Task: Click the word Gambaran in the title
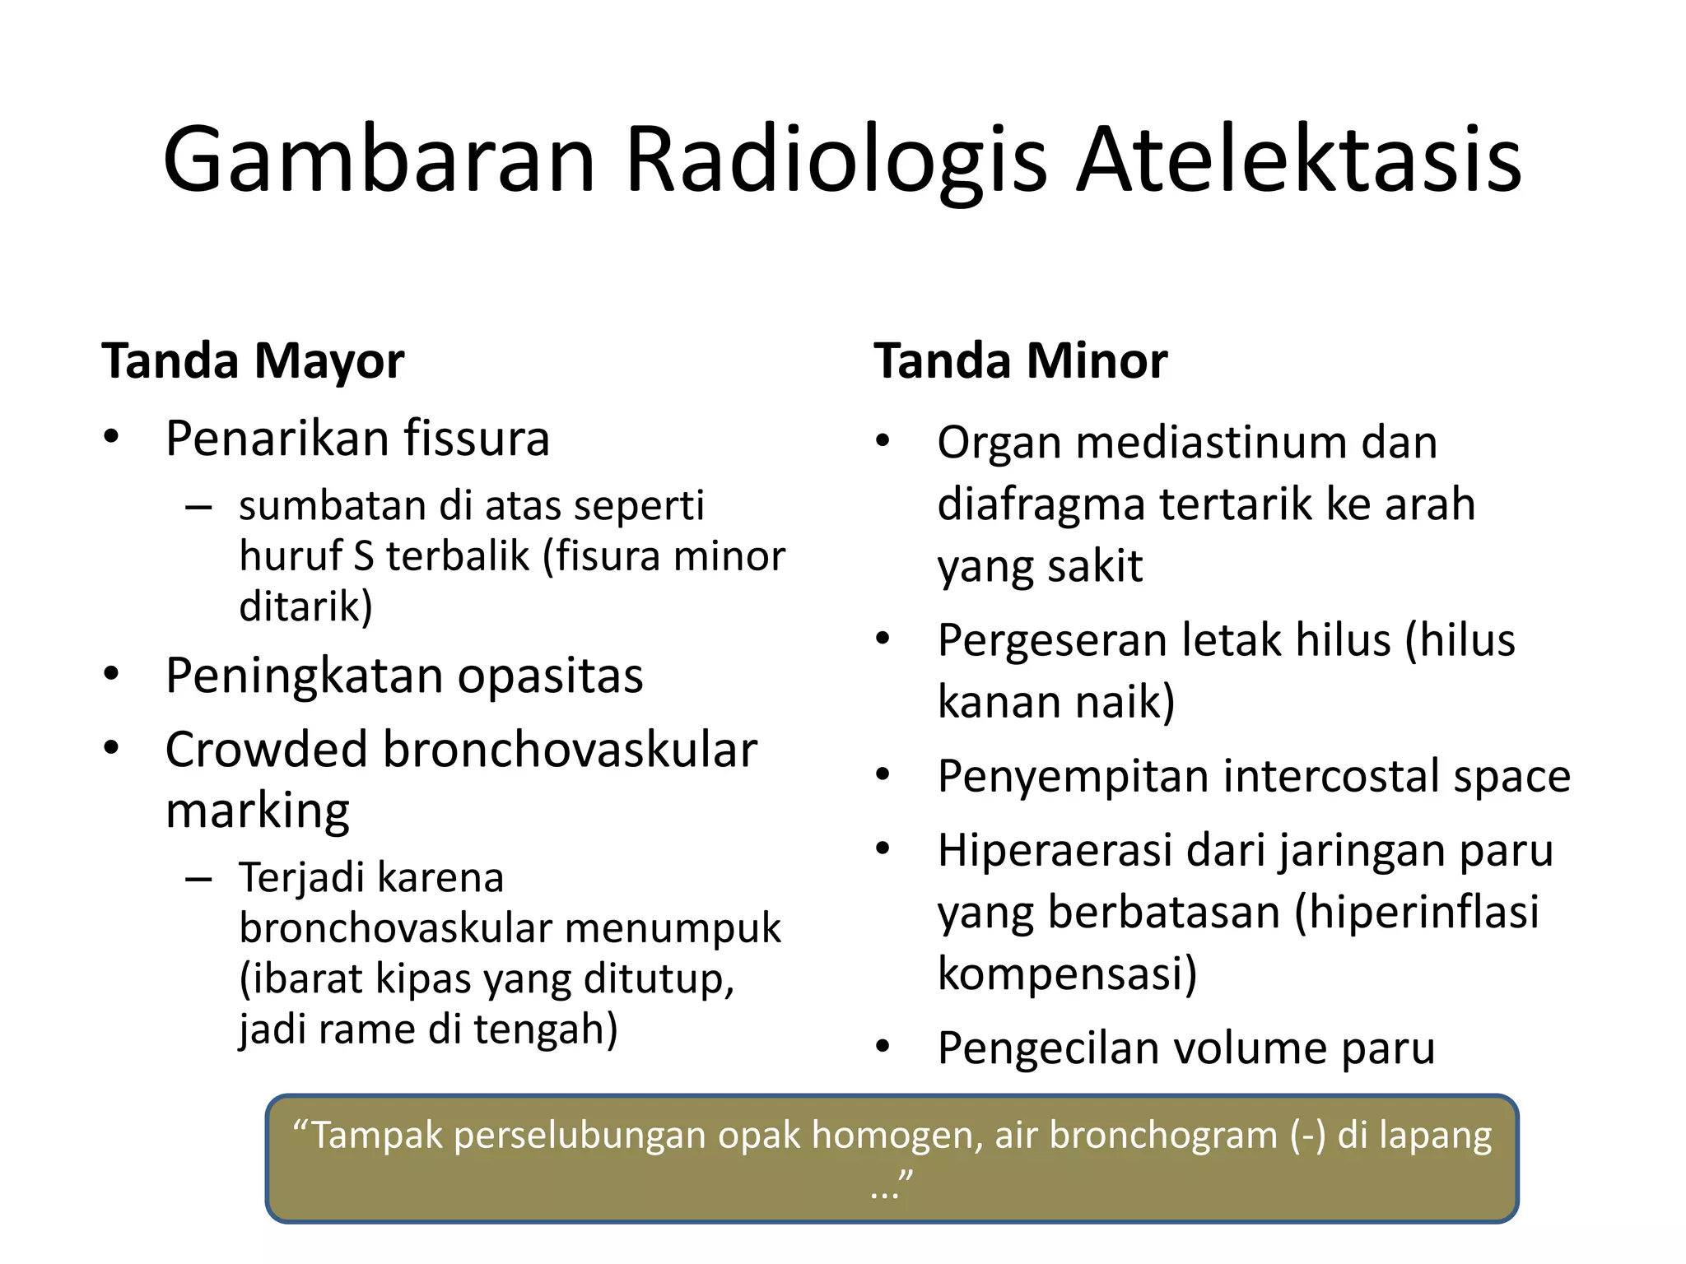(x=379, y=160)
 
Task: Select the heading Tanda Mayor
(x=253, y=361)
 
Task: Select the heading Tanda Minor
(x=1020, y=361)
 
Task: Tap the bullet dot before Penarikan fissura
(x=112, y=437)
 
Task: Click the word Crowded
(x=266, y=750)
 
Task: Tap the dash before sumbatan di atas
(x=198, y=508)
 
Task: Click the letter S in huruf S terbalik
(x=363, y=556)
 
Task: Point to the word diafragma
(x=1041, y=504)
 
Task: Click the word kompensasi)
(x=1067, y=974)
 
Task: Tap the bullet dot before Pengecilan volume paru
(x=883, y=1047)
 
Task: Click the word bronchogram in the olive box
(x=1162, y=1136)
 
